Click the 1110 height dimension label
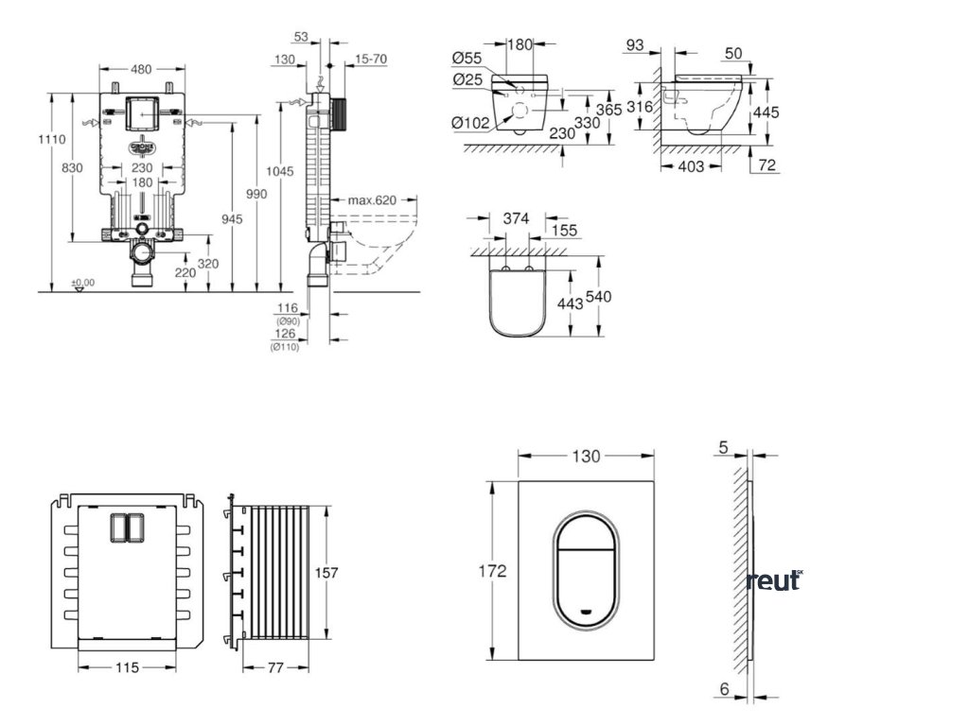click(x=51, y=140)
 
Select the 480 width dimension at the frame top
click(x=142, y=69)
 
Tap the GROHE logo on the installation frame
click(x=142, y=147)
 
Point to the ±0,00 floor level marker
click(x=83, y=283)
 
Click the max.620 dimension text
click(x=370, y=200)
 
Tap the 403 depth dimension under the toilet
click(x=692, y=167)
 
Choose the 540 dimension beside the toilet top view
click(x=600, y=297)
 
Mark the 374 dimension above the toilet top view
click(x=516, y=218)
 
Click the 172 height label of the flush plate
click(x=492, y=571)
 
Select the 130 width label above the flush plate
click(x=587, y=457)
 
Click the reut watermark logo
click(x=773, y=580)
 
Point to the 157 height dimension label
click(x=326, y=573)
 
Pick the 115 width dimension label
click(x=126, y=667)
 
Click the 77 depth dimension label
click(x=273, y=667)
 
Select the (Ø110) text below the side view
click(x=284, y=347)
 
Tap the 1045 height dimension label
click(x=280, y=171)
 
